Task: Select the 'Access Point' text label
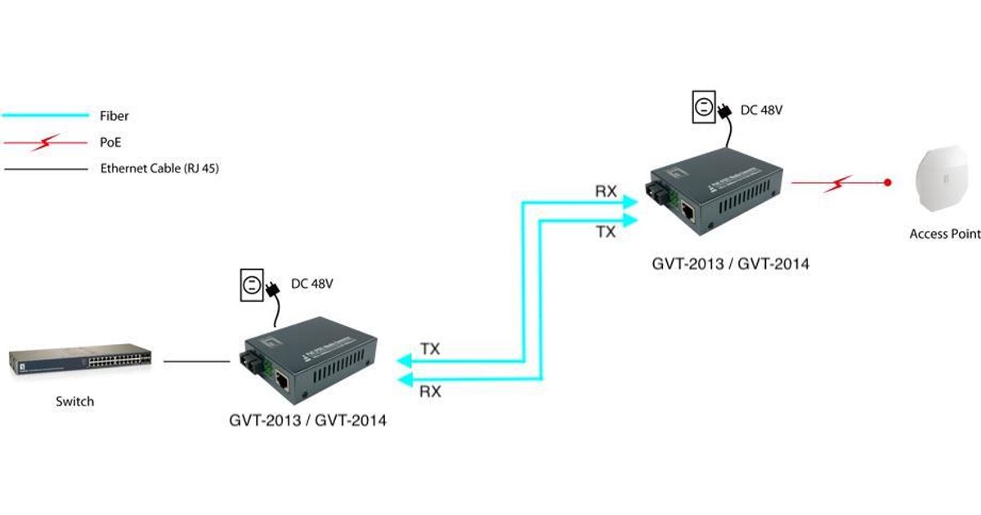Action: pos(945,235)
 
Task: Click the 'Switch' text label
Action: pos(74,401)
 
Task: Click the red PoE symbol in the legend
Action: pos(45,143)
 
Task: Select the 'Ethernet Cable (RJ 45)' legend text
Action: pos(160,169)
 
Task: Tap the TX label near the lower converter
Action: pos(430,349)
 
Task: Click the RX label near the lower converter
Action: pos(430,392)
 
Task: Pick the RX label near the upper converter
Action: pos(606,191)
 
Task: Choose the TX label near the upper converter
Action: pos(606,232)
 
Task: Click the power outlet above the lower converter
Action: pos(251,286)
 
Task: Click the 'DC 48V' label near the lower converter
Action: pos(312,284)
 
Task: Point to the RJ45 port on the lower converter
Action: pos(283,380)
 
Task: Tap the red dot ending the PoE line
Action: pos(888,181)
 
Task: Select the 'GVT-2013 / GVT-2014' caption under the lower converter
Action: pos(308,422)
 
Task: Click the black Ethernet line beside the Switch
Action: pos(196,361)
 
